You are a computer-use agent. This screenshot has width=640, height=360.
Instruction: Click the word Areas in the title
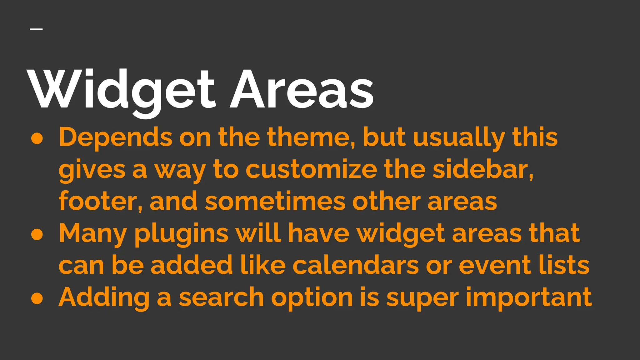click(302, 89)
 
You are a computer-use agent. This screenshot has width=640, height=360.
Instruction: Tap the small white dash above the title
click(36, 29)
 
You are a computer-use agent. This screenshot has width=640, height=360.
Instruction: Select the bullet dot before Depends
click(37, 139)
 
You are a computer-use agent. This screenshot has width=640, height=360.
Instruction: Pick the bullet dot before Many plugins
click(37, 235)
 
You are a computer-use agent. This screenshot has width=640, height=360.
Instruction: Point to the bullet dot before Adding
click(37, 298)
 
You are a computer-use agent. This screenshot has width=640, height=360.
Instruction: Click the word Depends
click(115, 137)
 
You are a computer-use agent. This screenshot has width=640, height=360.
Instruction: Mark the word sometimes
click(275, 202)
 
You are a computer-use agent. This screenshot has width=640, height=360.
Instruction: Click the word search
click(221, 297)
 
